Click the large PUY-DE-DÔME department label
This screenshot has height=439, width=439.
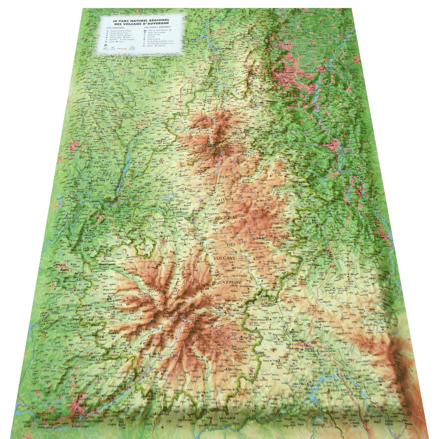[166, 75]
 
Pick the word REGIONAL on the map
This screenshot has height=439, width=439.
[226, 217]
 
